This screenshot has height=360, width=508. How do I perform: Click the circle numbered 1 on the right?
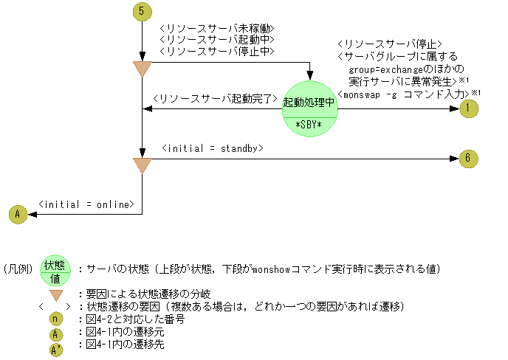point(468,108)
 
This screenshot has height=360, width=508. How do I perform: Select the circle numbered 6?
point(468,158)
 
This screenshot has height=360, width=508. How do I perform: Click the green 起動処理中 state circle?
point(309,104)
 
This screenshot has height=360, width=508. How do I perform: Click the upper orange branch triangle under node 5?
point(141,69)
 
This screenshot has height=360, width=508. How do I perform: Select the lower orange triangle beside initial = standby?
point(141,165)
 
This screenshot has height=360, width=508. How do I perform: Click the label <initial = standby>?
point(212,148)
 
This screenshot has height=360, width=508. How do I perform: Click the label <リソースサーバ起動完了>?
point(214,98)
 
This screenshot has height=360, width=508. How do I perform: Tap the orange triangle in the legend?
point(55,294)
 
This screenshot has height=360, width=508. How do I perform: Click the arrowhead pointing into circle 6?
point(454,158)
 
